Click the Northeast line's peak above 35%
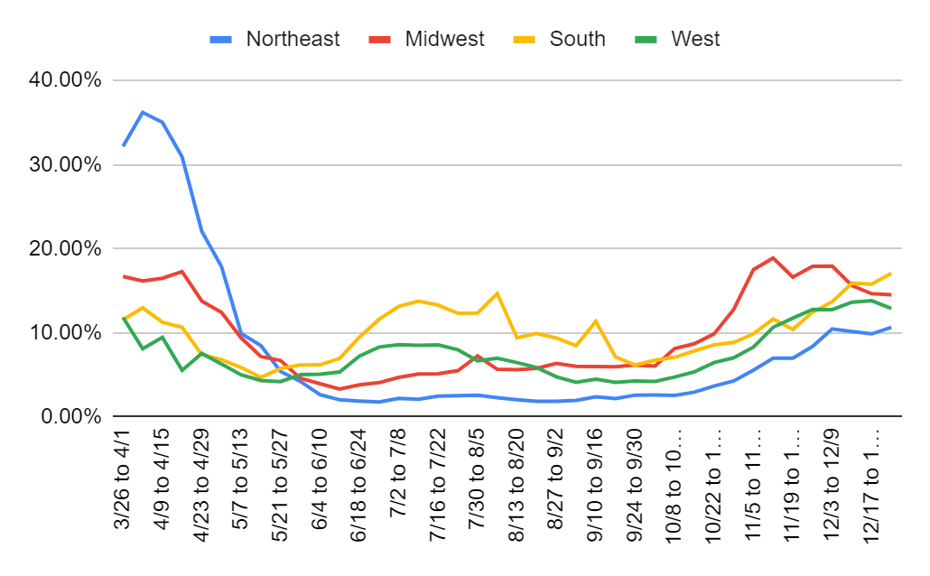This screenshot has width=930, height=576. click(143, 112)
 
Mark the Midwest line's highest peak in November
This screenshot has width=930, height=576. click(772, 257)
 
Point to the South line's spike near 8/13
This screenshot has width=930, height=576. click(497, 293)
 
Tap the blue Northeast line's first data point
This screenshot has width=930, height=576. click(123, 145)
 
